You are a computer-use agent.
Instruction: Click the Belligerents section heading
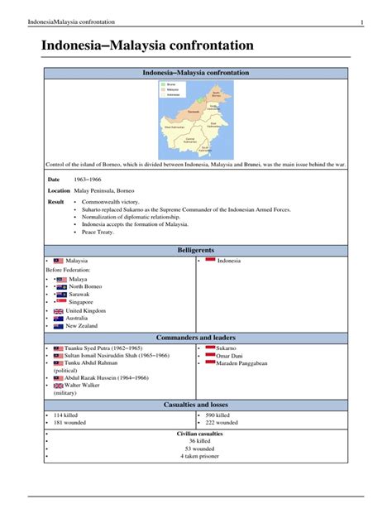196,248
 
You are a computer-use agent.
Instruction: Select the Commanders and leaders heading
196,338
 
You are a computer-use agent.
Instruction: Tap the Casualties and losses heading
196,404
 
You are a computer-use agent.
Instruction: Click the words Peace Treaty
98,233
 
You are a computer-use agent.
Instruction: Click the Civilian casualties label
199,434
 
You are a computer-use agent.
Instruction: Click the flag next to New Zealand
58,326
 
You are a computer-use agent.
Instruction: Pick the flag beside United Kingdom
58,310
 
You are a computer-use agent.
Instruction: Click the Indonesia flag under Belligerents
210,260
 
